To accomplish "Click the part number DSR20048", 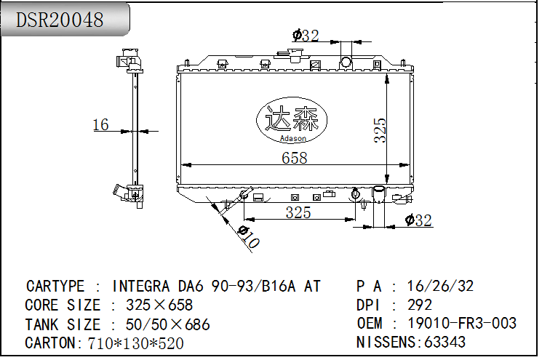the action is tap(60, 20).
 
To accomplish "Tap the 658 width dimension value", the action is tap(294, 158).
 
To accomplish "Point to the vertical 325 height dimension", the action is tap(380, 130).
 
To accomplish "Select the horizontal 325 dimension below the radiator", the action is tap(298, 212).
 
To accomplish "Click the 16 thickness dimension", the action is tap(100, 124).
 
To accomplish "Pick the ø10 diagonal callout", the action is tap(248, 236).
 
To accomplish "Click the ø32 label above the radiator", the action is tap(306, 35).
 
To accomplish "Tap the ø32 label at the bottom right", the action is tap(418, 220).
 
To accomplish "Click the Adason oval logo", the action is tap(292, 120).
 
